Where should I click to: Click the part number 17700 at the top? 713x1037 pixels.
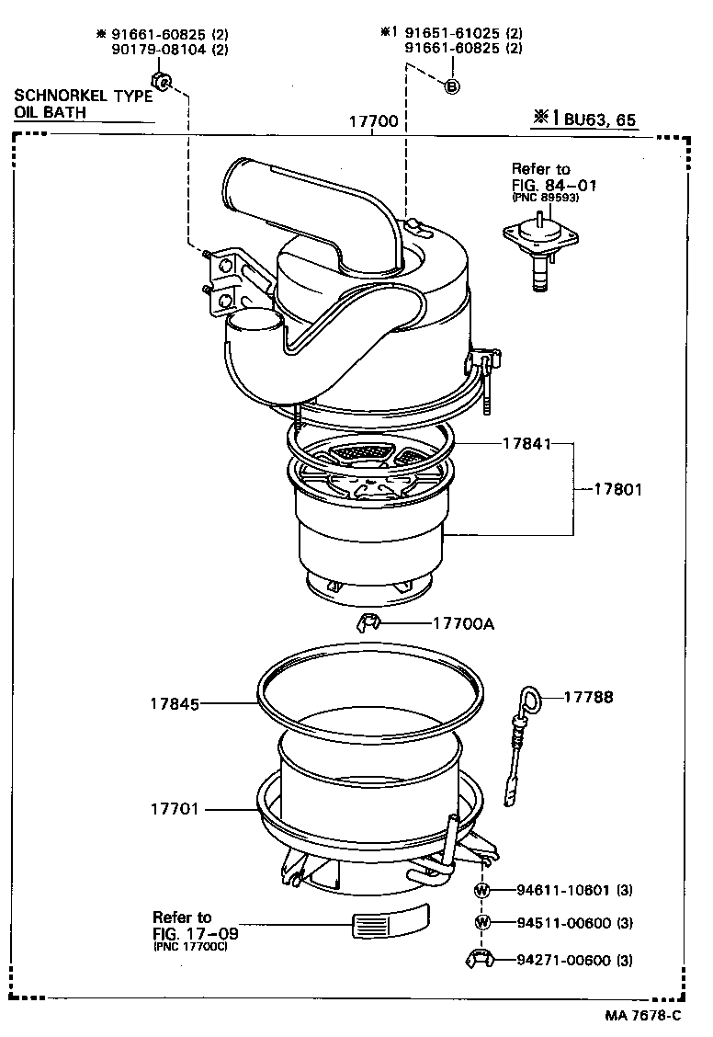click(372, 120)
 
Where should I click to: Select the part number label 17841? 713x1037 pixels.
click(526, 443)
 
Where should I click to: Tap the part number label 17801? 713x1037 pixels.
click(617, 490)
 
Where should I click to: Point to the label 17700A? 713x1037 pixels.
click(463, 624)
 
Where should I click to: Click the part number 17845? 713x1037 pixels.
click(175, 705)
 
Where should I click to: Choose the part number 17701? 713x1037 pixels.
click(175, 810)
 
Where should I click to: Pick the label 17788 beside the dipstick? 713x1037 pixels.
click(588, 698)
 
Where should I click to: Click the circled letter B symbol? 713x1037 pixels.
click(451, 86)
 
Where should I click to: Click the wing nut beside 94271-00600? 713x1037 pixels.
click(481, 961)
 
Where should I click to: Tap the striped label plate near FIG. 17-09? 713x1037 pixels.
click(390, 919)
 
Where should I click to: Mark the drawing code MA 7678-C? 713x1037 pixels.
click(643, 1015)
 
